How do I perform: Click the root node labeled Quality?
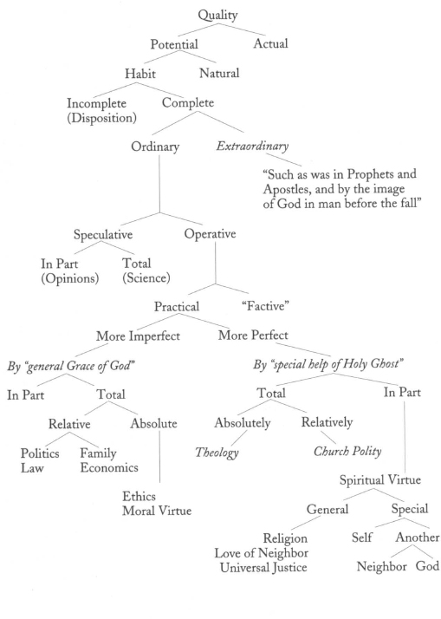point(217,16)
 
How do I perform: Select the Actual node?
point(270,43)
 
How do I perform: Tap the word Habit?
point(140,74)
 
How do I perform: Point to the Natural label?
point(219,73)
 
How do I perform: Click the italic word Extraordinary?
point(252,146)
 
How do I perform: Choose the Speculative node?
point(103,234)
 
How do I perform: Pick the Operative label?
point(210,234)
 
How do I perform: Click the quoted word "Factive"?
point(265,306)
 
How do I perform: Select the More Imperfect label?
point(138,336)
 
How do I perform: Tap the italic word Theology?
point(217,453)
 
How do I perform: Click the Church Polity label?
point(347,452)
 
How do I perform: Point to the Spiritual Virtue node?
point(380,480)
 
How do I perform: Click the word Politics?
point(40,453)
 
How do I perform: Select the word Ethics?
point(139,496)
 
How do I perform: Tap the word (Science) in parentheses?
point(146,278)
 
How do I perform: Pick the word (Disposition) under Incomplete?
point(101,118)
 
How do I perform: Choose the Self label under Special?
point(361,538)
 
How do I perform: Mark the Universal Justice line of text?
point(263,567)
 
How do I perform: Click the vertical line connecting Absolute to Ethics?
point(159,456)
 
